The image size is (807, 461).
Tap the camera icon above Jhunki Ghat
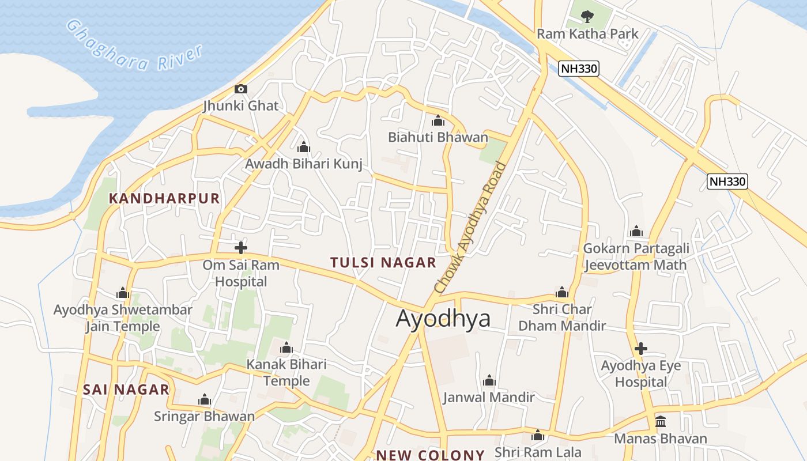point(241,89)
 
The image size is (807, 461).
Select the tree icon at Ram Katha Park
point(587,16)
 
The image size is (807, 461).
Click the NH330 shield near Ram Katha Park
point(579,69)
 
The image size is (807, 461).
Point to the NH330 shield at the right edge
point(727,182)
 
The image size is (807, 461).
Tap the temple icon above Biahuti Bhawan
point(438,121)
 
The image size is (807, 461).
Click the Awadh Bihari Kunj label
point(304,164)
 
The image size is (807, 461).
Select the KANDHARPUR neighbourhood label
point(164,199)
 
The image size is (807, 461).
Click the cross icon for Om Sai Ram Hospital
point(241,248)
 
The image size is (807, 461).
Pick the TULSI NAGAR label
point(383,263)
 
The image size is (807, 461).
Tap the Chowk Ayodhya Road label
point(470,227)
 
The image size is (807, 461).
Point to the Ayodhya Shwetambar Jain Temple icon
point(122,293)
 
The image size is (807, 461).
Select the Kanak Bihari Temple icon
point(286,348)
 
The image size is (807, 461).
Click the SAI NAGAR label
point(126,390)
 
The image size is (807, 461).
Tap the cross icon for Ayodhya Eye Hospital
point(640,349)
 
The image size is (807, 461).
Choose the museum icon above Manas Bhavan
point(661,422)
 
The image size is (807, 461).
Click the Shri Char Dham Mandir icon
point(562,292)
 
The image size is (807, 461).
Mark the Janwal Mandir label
point(489,397)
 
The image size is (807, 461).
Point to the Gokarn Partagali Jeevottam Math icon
point(636,232)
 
